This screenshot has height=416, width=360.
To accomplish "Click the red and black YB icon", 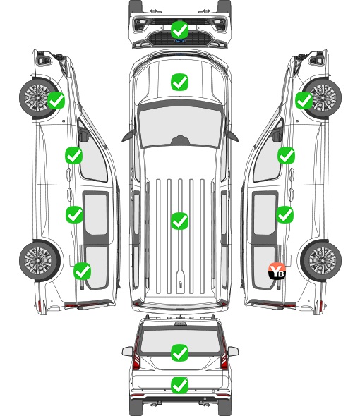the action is (x=277, y=271).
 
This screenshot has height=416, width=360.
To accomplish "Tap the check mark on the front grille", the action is (x=179, y=30).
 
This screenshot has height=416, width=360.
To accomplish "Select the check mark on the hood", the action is (x=179, y=82).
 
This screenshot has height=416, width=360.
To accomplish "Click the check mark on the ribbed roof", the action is (x=179, y=221).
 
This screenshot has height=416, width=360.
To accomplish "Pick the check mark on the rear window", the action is (x=179, y=353).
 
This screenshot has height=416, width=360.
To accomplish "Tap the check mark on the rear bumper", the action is (x=179, y=385).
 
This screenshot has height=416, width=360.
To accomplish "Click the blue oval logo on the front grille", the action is (x=180, y=41).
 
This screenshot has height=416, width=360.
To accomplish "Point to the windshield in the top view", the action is (x=180, y=126).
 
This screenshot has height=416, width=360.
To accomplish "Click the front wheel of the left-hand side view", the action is (x=39, y=98).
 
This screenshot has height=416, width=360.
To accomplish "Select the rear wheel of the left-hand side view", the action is (x=40, y=260).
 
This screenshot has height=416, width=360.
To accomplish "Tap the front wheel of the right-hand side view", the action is (x=322, y=98).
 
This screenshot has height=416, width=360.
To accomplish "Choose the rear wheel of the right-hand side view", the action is (x=321, y=260).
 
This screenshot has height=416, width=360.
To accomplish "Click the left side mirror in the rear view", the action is (x=127, y=352).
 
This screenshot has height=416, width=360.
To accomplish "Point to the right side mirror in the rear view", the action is (x=233, y=352).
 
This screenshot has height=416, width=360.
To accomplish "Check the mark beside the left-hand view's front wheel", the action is (x=56, y=100).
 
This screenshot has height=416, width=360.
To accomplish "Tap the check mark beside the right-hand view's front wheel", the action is (x=304, y=100).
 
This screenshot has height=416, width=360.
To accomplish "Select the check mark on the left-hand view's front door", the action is (x=73, y=155).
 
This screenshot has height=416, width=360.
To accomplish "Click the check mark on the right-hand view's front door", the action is (x=286, y=155).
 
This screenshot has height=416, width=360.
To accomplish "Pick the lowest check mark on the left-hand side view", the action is (x=82, y=271).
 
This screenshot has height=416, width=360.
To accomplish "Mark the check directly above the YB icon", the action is (x=284, y=214).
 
